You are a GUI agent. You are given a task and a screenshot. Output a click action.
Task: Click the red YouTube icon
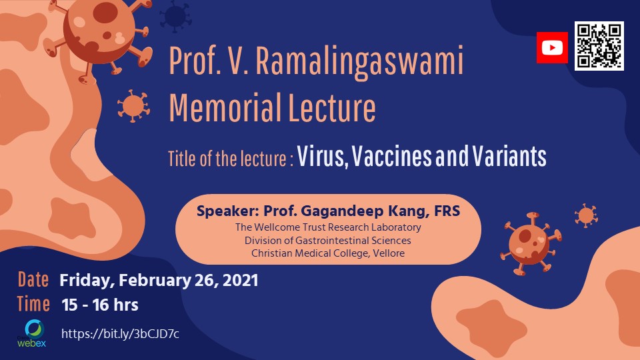(x=552, y=48)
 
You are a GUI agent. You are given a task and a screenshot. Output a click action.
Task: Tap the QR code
(x=599, y=46)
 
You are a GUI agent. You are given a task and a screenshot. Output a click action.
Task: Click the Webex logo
(x=32, y=333)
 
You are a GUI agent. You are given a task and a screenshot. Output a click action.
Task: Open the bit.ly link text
(x=120, y=334)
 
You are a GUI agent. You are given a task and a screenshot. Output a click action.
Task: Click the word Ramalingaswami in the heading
(x=359, y=62)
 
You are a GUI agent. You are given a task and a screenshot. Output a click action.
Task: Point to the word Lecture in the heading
(x=332, y=108)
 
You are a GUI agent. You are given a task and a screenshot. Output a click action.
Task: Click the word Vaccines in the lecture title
(x=391, y=156)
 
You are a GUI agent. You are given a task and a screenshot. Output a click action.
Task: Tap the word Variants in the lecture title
(x=509, y=156)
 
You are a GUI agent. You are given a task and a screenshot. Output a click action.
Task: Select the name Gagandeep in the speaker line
(x=343, y=211)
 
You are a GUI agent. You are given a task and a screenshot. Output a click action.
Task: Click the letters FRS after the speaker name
(x=447, y=211)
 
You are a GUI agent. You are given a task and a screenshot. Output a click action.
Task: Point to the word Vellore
(x=388, y=253)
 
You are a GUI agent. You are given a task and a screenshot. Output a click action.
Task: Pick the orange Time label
(x=33, y=304)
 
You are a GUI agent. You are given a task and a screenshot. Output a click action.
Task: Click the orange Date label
(x=33, y=280)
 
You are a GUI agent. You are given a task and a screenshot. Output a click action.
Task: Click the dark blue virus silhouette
(x=175, y=16)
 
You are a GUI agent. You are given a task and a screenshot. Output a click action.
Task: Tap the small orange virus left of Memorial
(x=133, y=106)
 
